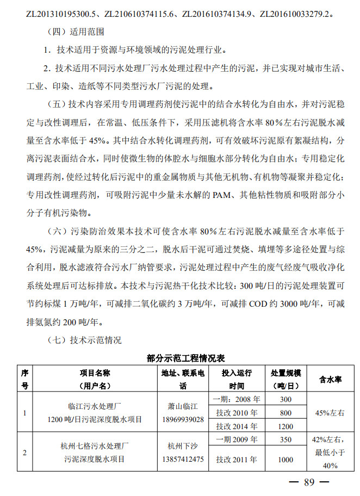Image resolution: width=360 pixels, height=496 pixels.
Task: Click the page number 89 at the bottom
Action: pos(309,482)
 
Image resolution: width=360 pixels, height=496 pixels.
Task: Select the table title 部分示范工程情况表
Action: pos(186,358)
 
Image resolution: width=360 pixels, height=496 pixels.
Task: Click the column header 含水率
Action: pos(330,379)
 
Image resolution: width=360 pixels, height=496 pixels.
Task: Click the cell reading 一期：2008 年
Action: pos(237,400)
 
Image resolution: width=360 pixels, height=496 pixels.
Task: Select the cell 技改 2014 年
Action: pos(237,426)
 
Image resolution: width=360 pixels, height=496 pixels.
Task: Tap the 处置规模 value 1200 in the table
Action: pos(285,426)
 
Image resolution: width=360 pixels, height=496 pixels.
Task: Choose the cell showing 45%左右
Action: pos(330,413)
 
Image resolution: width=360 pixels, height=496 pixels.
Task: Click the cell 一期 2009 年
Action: pos(237,439)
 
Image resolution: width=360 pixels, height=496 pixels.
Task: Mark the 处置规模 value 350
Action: pos(285,439)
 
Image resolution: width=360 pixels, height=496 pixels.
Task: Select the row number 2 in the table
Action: pos(24,452)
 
